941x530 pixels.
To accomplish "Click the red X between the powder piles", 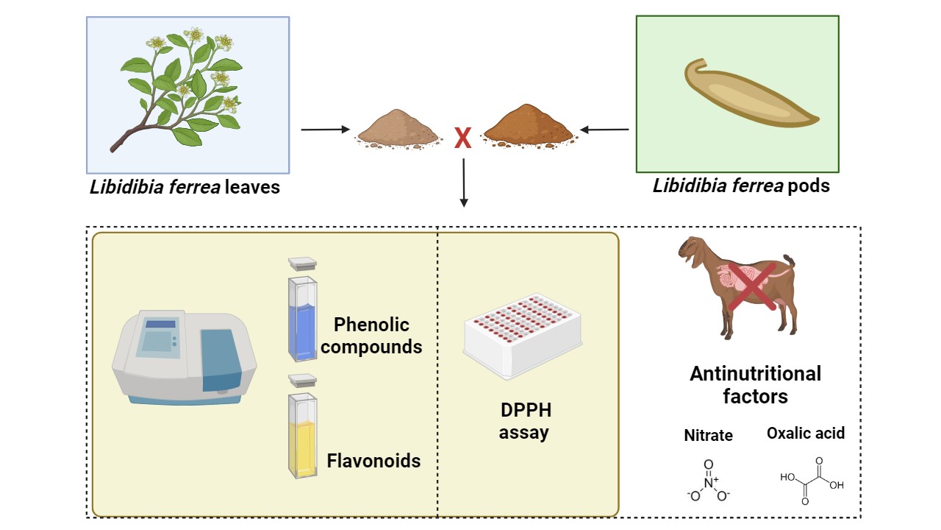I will (462, 138).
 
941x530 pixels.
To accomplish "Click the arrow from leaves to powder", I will (325, 130).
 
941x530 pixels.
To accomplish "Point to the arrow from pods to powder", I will (605, 130).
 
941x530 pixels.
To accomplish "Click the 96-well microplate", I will (523, 333).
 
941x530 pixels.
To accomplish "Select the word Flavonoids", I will (373, 462).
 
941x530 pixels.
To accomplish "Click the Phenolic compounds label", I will (372, 336).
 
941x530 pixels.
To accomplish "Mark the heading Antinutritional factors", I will (755, 385).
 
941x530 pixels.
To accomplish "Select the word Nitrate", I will (708, 435).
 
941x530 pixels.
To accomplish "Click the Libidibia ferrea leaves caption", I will (185, 187).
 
